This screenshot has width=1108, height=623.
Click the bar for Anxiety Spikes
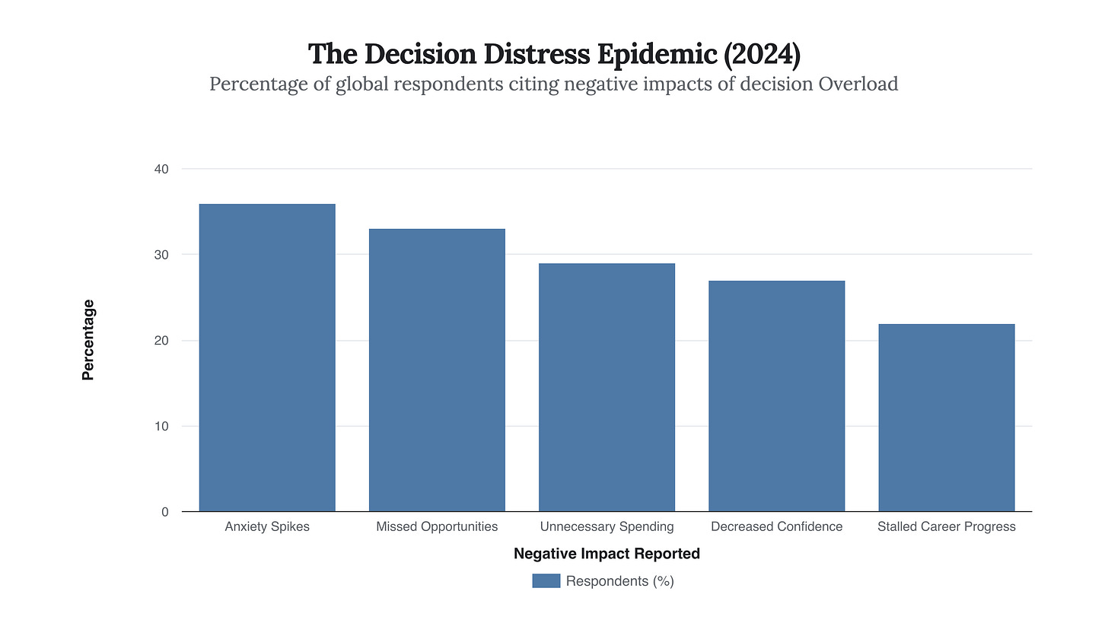click(x=267, y=358)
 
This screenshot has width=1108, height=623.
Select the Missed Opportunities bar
click(x=437, y=370)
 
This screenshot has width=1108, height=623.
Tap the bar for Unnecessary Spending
click(x=607, y=387)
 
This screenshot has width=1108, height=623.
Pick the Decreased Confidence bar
click(x=776, y=396)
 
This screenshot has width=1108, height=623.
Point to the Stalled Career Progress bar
click(x=946, y=418)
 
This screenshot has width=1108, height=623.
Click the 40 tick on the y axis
click(x=161, y=169)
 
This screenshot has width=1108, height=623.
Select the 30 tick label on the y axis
click(x=161, y=255)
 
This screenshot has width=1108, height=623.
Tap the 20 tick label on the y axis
click(x=161, y=341)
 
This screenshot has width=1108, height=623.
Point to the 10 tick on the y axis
click(x=161, y=427)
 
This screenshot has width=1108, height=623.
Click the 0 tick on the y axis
click(x=164, y=512)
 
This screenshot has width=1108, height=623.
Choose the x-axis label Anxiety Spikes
click(x=267, y=526)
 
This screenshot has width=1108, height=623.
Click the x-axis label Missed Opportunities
click(x=437, y=526)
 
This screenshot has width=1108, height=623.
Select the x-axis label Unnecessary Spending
click(x=607, y=526)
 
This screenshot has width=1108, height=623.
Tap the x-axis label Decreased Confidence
click(x=776, y=526)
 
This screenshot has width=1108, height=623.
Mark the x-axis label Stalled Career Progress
click(x=946, y=526)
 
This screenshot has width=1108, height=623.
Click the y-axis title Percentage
click(x=88, y=340)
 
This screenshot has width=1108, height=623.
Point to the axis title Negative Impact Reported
click(x=607, y=554)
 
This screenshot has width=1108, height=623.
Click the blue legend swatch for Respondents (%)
click(x=546, y=581)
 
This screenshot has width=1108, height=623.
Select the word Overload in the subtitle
click(x=858, y=84)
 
